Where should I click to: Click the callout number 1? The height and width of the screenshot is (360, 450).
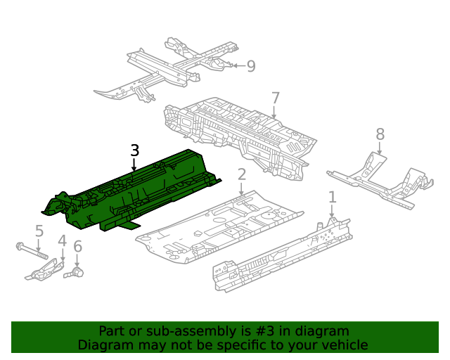point(332,198)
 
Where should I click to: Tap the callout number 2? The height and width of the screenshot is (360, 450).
point(242,174)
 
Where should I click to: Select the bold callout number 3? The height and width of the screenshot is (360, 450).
point(134,150)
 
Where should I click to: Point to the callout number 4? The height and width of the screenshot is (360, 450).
point(63,240)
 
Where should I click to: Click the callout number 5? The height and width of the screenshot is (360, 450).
point(39,231)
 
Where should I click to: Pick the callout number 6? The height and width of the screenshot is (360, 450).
point(77,247)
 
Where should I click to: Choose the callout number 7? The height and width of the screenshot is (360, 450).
point(275,98)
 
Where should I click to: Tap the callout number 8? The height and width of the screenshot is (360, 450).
point(380,134)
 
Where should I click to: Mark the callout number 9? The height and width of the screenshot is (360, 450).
point(251,66)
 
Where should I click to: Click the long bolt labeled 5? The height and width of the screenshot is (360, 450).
point(32,250)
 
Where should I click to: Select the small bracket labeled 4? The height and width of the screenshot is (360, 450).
point(45,270)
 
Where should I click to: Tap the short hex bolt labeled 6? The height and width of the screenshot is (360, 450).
point(74,272)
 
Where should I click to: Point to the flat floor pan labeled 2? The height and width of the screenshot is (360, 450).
point(219,227)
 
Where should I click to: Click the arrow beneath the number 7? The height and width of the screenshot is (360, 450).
point(274,112)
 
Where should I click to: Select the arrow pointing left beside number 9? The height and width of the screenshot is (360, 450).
point(239,65)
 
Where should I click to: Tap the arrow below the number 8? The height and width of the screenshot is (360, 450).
point(380,148)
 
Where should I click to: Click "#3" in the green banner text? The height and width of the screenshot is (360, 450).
point(264,331)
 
